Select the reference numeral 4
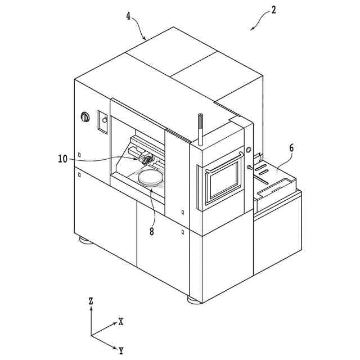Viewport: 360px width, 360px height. click(x=129, y=17)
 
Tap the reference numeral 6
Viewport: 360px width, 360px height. click(x=291, y=148)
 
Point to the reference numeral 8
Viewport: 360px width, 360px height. click(x=152, y=231)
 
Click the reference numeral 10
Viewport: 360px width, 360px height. click(x=62, y=159)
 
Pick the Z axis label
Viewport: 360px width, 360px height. click(x=91, y=301)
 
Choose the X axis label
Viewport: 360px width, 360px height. click(x=120, y=322)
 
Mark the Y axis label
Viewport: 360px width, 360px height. click(x=121, y=351)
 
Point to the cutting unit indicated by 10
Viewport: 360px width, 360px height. click(x=147, y=160)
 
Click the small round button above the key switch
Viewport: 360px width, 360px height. click(x=248, y=150)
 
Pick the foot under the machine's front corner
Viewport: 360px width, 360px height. click(x=193, y=300)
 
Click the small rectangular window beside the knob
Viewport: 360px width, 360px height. click(x=103, y=121)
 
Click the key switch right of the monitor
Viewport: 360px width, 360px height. click(x=249, y=167)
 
